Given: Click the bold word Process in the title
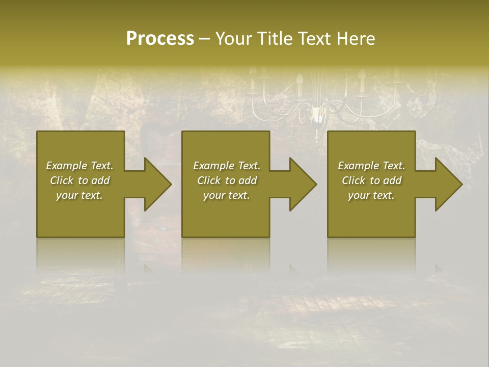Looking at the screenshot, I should (160, 39).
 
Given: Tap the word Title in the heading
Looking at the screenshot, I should (274, 39).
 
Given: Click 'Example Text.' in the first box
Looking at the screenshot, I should (79, 166).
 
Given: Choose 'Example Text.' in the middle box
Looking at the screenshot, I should (227, 166).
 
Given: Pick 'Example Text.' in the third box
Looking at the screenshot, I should (371, 166).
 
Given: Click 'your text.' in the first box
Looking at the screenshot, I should (79, 195).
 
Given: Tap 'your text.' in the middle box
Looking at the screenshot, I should (227, 195).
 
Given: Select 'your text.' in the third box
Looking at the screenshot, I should (371, 195).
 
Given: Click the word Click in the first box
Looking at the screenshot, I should (62, 180).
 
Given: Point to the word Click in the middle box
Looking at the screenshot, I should (209, 180).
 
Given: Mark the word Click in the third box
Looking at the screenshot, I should (354, 180).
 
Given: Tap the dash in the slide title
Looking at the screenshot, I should (204, 39).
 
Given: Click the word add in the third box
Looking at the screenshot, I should (392, 180).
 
